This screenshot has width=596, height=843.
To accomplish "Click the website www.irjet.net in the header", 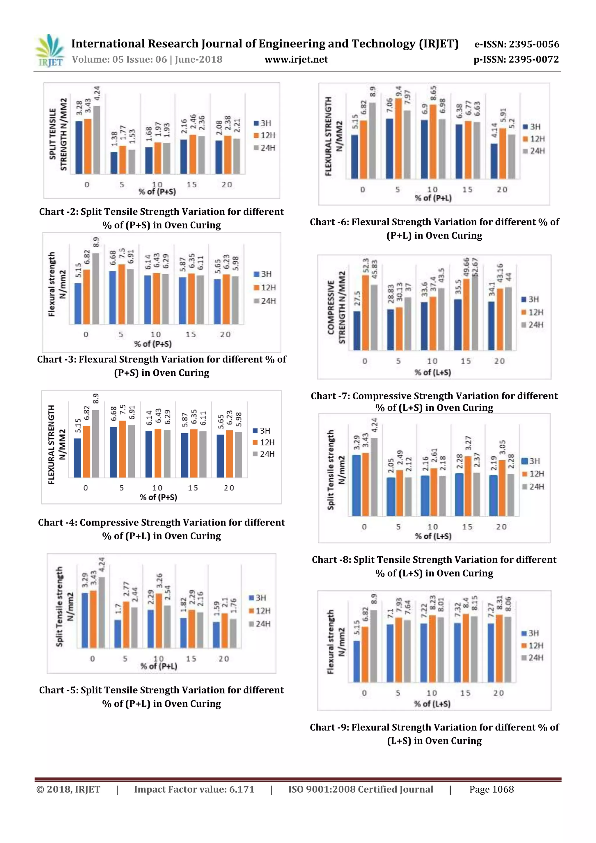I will click(296, 59).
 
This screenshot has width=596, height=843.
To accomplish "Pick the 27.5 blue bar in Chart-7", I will click(356, 331).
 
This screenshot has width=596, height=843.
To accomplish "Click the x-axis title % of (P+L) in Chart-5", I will click(159, 666).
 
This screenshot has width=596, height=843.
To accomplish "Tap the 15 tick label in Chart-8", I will click(467, 527).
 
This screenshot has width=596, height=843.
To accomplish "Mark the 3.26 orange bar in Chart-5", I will click(159, 620).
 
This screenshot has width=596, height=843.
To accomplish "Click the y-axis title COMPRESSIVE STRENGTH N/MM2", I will click(336, 308).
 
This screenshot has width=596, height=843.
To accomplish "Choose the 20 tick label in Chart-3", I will click(225, 334).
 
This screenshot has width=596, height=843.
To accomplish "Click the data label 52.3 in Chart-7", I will click(366, 265).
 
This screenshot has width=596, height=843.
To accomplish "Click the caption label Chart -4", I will click(57, 522).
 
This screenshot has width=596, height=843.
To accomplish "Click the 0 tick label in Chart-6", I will click(362, 190).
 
